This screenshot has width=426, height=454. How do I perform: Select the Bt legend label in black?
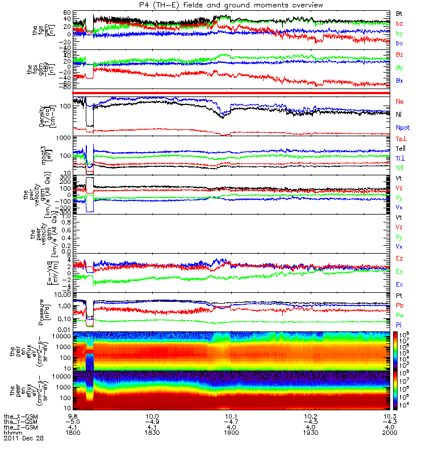[399, 12]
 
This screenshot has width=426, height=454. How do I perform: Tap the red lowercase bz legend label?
[399, 23]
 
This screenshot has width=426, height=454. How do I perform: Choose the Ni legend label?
[399, 115]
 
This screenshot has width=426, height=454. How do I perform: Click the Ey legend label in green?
[399, 271]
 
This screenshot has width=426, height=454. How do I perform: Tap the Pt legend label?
[399, 296]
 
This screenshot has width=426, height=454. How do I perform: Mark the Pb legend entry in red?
[399, 305]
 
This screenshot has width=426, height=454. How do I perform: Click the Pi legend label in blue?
[399, 324]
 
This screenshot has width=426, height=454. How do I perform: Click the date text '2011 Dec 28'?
[23, 438]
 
